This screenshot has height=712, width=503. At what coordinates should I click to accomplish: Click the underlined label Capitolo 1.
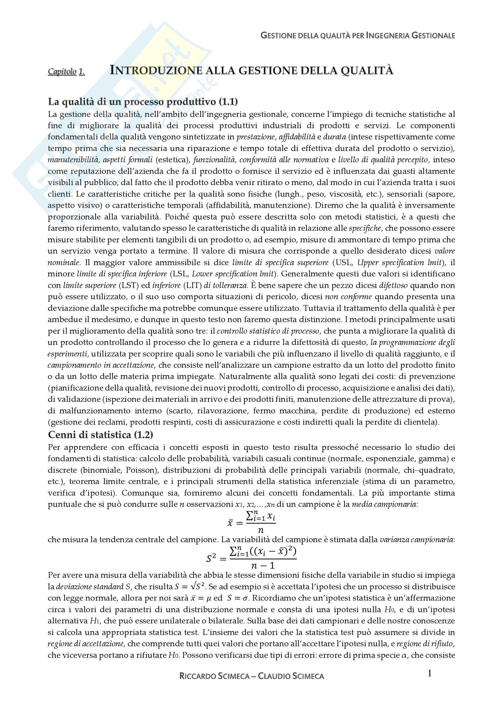click(x=66, y=72)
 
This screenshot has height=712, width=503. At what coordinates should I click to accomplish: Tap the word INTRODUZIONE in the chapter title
click(x=154, y=71)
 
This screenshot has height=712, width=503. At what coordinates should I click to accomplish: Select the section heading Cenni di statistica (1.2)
click(x=100, y=435)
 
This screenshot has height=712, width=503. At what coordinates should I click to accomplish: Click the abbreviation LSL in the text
click(x=180, y=274)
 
